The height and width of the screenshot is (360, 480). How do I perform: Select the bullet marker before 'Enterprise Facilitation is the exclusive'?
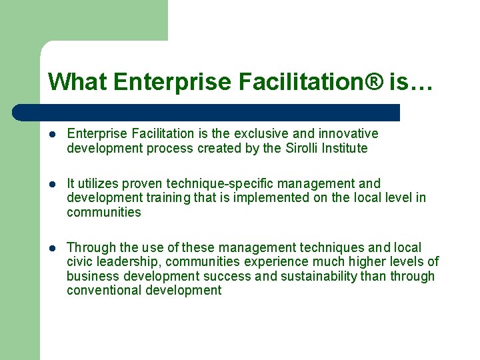(51, 134)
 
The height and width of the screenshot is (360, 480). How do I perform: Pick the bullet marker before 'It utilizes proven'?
(51, 184)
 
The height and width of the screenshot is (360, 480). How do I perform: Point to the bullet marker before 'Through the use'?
(51, 248)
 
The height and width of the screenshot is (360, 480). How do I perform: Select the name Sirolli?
(303, 148)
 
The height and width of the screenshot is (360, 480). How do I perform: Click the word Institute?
(346, 148)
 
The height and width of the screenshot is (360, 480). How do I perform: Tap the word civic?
(81, 262)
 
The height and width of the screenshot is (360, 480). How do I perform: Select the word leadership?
(127, 262)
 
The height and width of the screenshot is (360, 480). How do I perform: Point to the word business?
(90, 277)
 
